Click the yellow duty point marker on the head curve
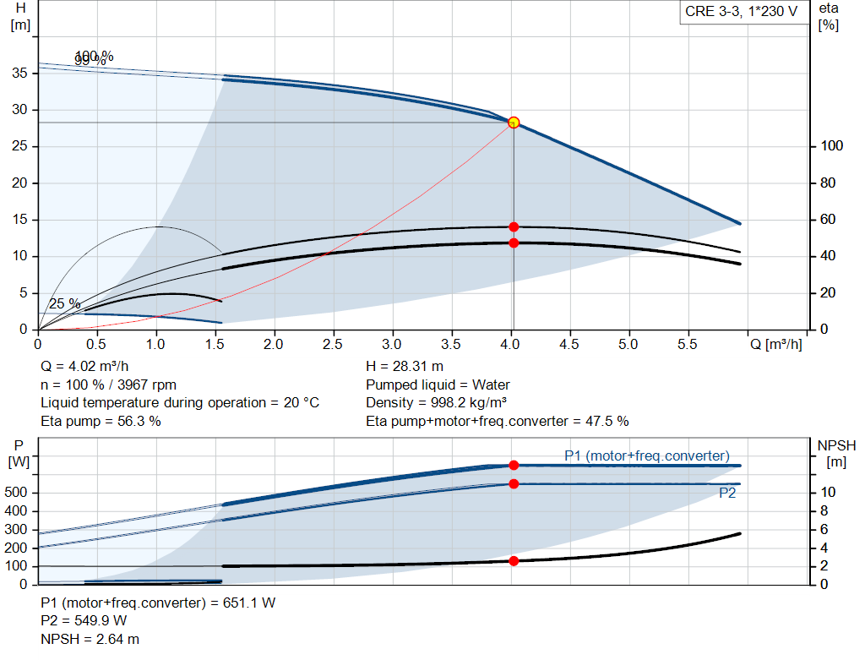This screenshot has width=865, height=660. [514, 123]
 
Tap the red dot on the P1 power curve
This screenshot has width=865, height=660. [514, 466]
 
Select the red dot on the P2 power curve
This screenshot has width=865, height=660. [514, 484]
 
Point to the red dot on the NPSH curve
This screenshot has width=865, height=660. [514, 561]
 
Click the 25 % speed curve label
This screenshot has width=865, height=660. [65, 303]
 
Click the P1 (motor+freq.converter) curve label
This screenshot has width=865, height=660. [647, 456]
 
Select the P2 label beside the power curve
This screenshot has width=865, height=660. [727, 494]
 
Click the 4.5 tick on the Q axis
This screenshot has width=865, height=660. [569, 345]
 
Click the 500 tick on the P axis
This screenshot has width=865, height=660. [19, 493]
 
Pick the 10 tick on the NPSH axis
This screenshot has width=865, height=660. [829, 493]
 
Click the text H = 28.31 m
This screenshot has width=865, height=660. [405, 367]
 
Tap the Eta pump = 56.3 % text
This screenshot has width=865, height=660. [101, 421]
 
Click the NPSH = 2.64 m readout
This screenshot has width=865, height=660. [90, 640]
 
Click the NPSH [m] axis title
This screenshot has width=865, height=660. [836, 454]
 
